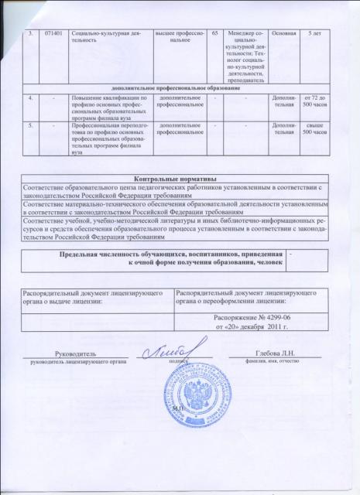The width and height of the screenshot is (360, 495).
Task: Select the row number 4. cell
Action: click(29, 98)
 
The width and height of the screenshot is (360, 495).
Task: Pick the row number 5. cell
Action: click(29, 124)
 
